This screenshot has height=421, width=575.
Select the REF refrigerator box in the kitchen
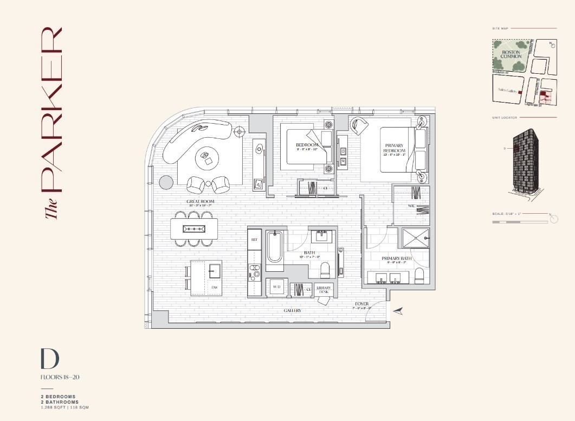254,239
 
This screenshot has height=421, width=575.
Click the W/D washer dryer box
276,286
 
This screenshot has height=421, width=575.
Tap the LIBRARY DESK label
325,290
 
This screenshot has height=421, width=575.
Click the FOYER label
362,304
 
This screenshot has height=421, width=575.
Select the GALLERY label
292,310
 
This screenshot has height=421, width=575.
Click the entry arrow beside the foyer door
398,310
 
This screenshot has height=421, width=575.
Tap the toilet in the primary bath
419,275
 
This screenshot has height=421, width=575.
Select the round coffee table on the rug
206,158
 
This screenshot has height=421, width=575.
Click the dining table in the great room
195,228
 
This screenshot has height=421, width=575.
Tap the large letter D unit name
49,359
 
